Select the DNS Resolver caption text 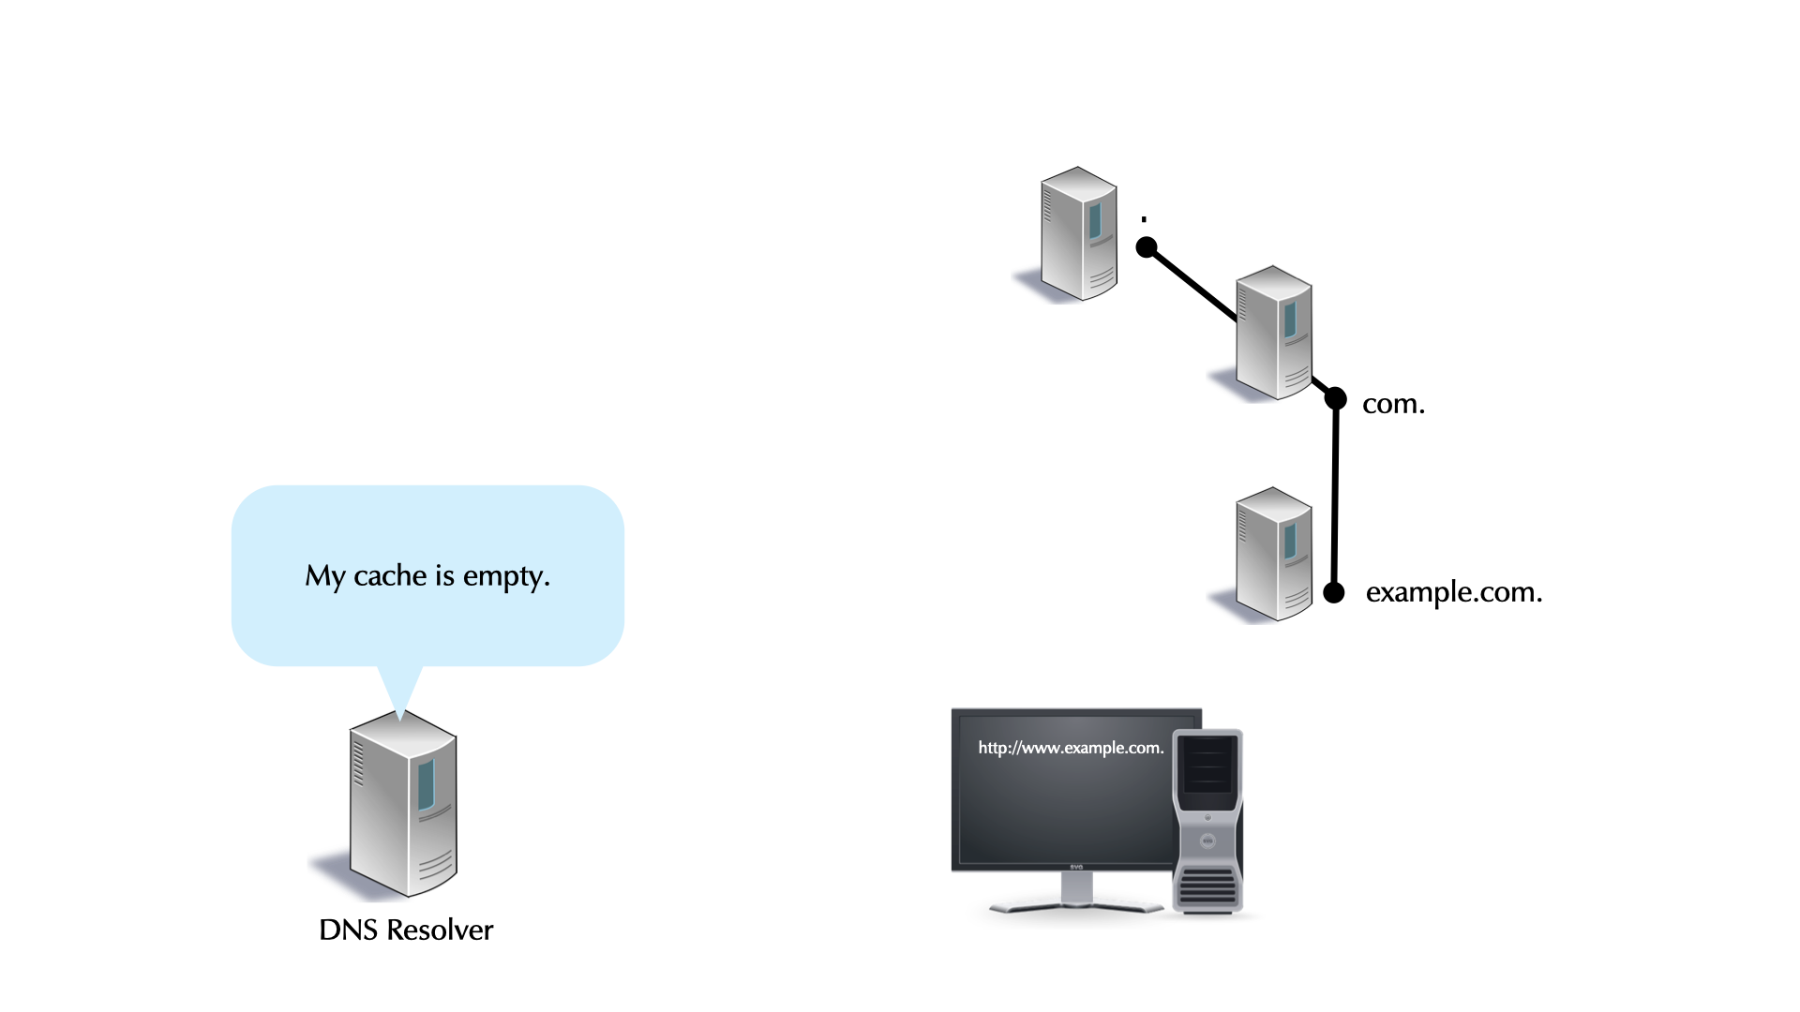pos(406,930)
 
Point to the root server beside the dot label pos(1078,234)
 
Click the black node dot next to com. pos(1335,399)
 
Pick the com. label pos(1393,404)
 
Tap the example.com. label pos(1453,592)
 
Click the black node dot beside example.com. pos(1333,592)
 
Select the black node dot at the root pos(1147,247)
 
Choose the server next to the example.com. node pos(1273,554)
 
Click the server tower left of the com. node pos(1273,333)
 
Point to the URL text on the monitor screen pos(1071,748)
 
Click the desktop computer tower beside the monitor pos(1207,820)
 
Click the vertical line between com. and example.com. pos(1335,497)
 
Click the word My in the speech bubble pos(324,576)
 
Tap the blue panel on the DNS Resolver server pos(427,784)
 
